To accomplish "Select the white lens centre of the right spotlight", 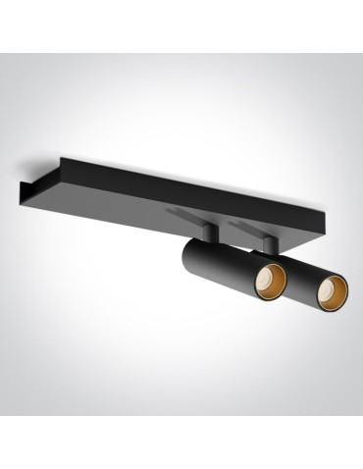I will [x=333, y=291].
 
